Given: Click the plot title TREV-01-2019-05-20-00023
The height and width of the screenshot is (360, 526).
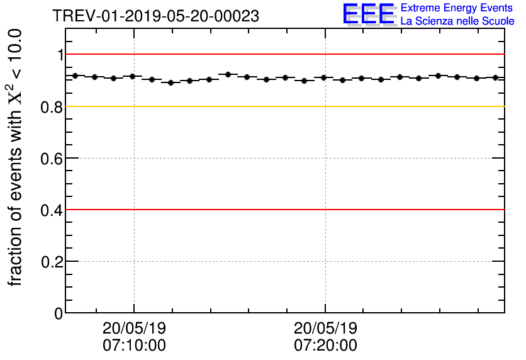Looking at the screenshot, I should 155,16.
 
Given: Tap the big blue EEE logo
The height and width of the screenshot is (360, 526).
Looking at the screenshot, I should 369,14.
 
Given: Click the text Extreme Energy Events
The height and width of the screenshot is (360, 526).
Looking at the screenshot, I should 457,8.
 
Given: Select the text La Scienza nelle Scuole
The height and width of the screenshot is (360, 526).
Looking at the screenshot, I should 457,21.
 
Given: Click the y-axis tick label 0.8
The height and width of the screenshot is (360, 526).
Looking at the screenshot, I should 53,107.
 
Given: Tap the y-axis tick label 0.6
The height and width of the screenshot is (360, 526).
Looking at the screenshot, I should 53,159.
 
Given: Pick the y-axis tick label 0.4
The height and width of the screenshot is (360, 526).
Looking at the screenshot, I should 53,210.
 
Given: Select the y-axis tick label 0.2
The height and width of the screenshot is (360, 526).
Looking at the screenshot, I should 53,262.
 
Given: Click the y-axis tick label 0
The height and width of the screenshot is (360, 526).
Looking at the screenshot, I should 59,313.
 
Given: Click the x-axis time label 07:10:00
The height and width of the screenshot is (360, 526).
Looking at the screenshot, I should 134,346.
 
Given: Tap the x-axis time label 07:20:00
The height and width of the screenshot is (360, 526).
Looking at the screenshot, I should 325,346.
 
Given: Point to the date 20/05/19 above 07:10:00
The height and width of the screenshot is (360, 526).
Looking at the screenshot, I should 134,329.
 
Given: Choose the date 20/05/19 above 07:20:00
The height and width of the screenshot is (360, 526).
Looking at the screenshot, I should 325,329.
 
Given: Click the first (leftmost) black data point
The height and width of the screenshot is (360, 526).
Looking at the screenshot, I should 76,76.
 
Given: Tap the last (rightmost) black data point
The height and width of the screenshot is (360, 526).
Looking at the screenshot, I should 496,77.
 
